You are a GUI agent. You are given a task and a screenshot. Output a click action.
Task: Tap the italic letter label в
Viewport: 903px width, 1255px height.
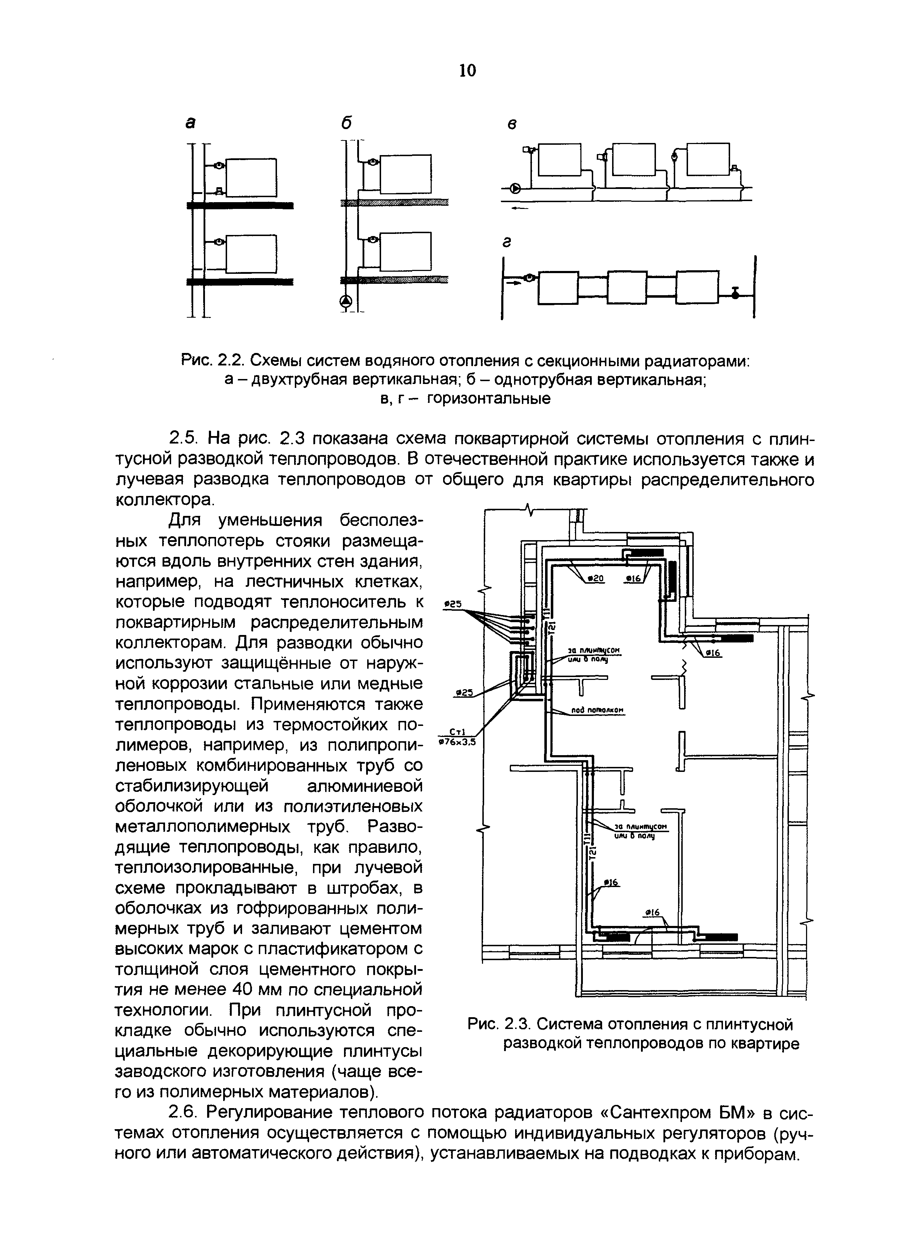coord(512,125)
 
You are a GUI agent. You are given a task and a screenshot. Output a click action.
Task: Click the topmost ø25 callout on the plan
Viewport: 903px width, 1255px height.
coord(453,605)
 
